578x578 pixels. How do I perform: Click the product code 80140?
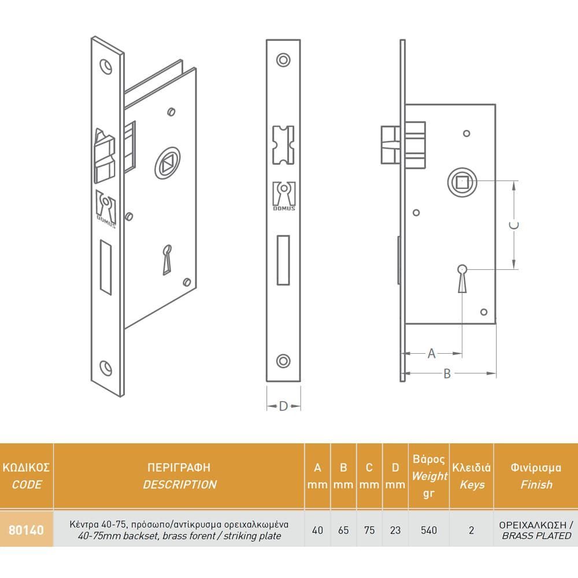point(26,530)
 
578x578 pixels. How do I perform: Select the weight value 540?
point(429,530)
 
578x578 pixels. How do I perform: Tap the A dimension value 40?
point(317,530)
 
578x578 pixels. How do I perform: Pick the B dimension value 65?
point(343,530)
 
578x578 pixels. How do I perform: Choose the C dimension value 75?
point(369,530)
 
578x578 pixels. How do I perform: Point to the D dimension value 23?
point(395,530)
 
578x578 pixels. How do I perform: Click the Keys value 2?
point(472,530)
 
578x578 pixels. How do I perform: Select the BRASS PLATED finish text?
point(537,536)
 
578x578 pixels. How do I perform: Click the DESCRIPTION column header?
point(180,484)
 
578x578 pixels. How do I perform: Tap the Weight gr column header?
point(429,484)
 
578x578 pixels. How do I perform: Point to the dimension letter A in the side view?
point(432,354)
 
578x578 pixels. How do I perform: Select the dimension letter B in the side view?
point(447,374)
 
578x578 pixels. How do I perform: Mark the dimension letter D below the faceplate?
point(283,406)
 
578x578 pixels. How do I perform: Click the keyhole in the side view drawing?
point(462,279)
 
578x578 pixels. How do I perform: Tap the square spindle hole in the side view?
point(462,182)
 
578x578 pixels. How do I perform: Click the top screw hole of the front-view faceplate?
point(283,60)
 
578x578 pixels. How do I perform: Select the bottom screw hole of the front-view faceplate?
point(283,361)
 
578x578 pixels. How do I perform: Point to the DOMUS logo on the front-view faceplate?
point(284,196)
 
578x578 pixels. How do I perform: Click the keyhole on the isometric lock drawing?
point(167,260)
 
